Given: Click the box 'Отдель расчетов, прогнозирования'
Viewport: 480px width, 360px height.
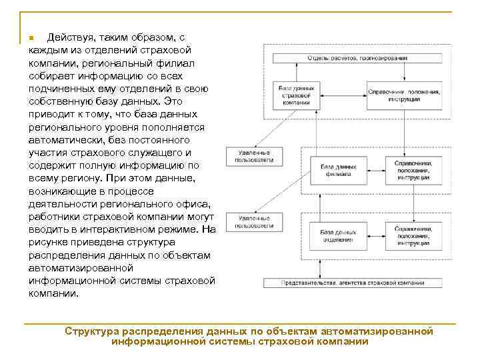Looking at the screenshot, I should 356,59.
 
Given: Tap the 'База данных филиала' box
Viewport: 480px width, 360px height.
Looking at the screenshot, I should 337,170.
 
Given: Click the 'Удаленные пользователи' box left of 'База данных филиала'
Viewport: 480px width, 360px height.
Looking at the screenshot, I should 252,156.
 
